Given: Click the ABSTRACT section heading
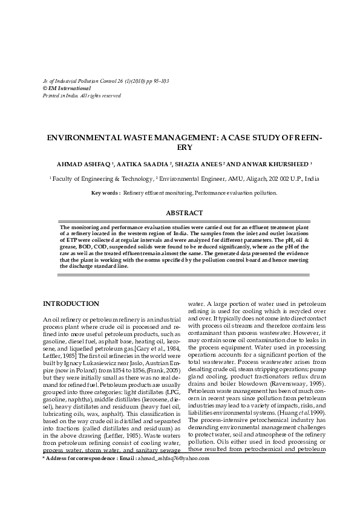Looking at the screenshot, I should (180, 213).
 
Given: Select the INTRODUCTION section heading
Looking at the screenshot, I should (71, 303).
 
